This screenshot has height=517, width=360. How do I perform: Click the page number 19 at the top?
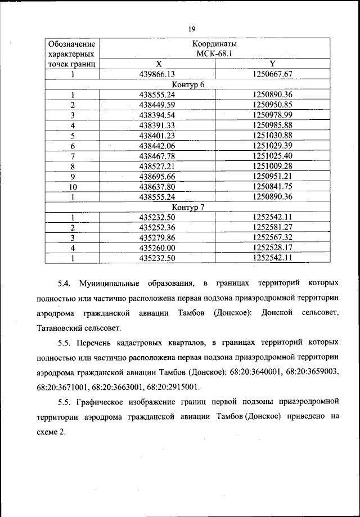(x=191, y=29)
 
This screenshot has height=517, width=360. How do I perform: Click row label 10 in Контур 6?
(x=73, y=186)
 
